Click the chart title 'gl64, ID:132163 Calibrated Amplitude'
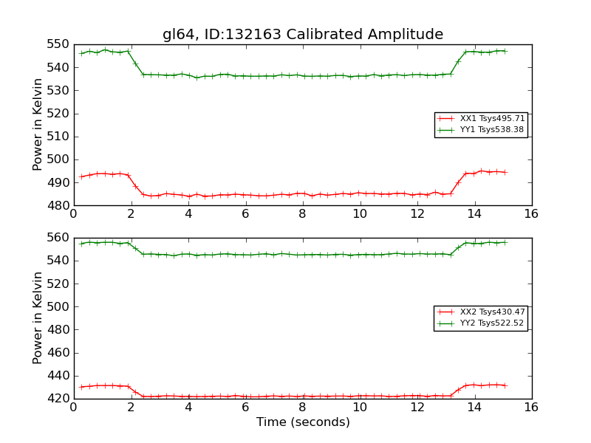pyautogui.click(x=303, y=35)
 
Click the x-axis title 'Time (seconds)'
pyautogui.click(x=303, y=422)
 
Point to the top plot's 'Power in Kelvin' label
pyautogui.click(x=38, y=125)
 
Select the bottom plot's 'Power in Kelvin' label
pyautogui.click(x=38, y=318)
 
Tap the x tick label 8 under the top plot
pyautogui.click(x=302, y=214)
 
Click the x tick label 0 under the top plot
pyautogui.click(x=73, y=214)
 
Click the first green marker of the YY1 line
pyautogui.click(x=81, y=53)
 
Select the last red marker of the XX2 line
pyautogui.click(x=505, y=385)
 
